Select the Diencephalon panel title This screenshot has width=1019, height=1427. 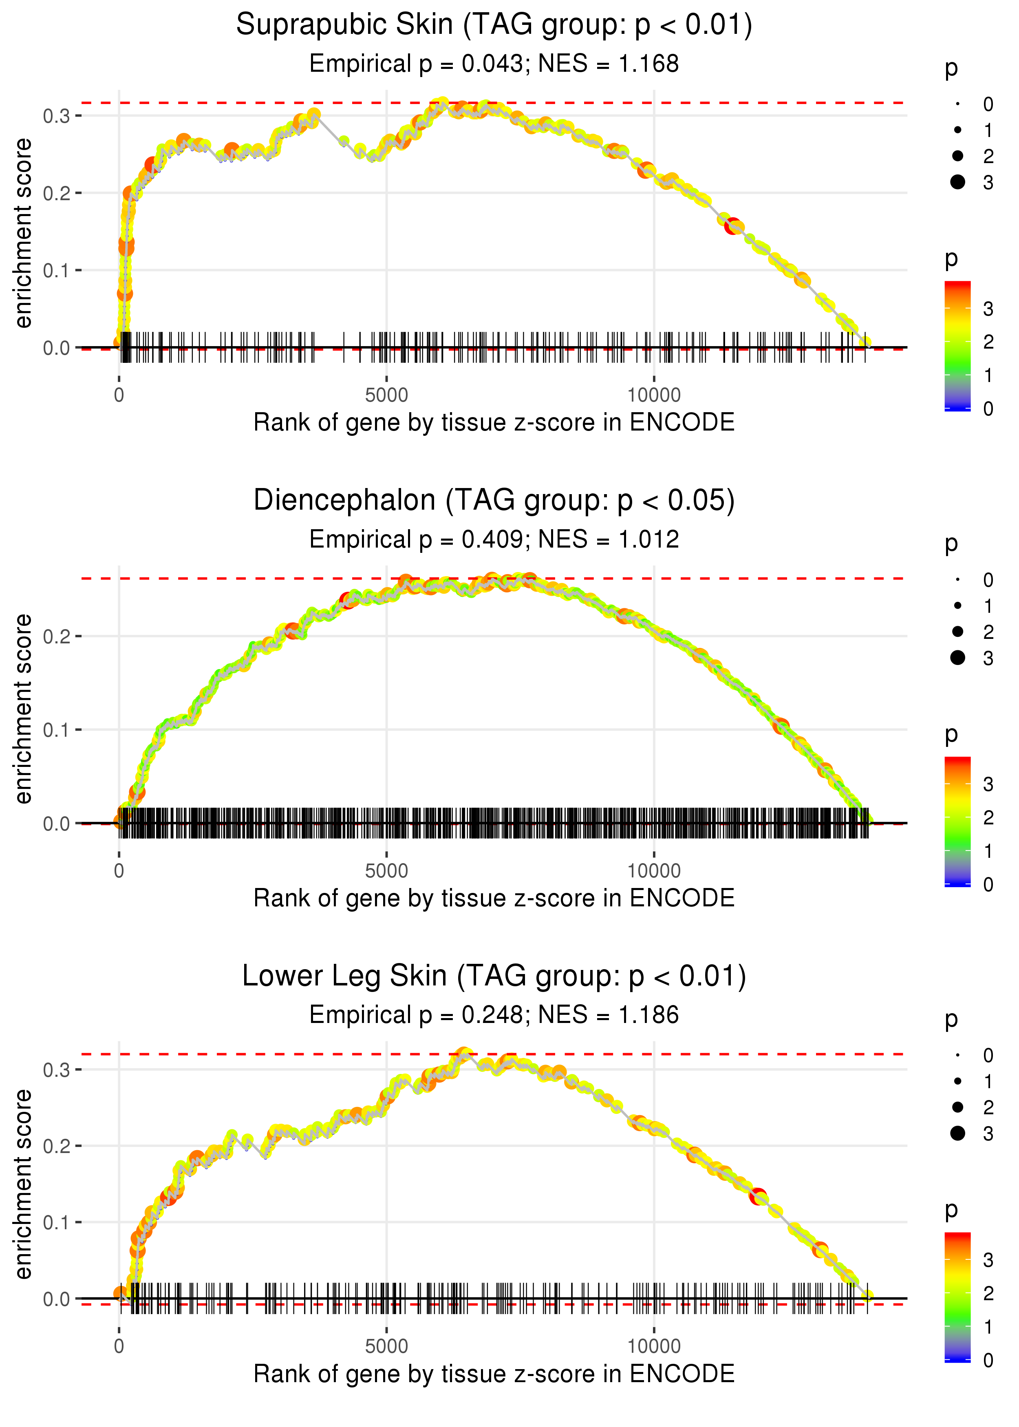[494, 501]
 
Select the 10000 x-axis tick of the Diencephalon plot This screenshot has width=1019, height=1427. [654, 871]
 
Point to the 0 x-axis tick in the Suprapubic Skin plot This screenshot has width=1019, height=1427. [119, 395]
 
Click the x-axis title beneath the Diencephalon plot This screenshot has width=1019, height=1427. [494, 898]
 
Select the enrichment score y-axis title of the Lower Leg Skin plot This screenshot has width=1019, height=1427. [23, 1185]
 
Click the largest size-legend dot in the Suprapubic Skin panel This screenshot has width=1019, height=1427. [957, 182]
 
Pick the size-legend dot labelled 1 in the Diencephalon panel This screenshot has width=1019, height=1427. [957, 605]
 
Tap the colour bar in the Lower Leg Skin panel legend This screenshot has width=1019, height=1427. [957, 1297]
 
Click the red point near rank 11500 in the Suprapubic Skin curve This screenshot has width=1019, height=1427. [732, 226]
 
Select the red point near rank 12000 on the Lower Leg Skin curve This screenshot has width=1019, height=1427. [758, 1196]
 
